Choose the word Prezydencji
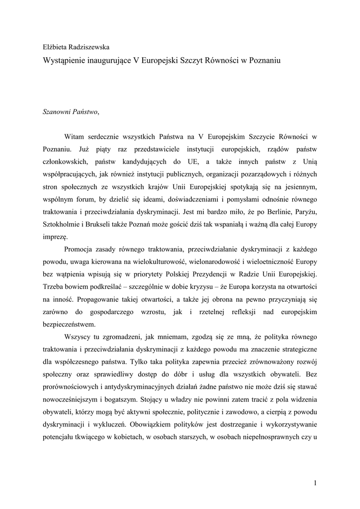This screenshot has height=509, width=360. pos(233,275)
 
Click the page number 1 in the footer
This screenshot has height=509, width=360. pos(316,483)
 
